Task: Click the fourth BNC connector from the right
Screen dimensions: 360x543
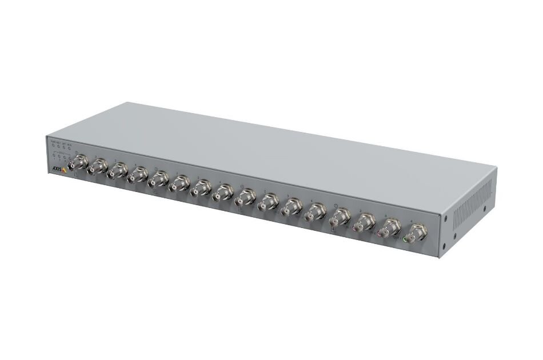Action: [340, 218]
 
